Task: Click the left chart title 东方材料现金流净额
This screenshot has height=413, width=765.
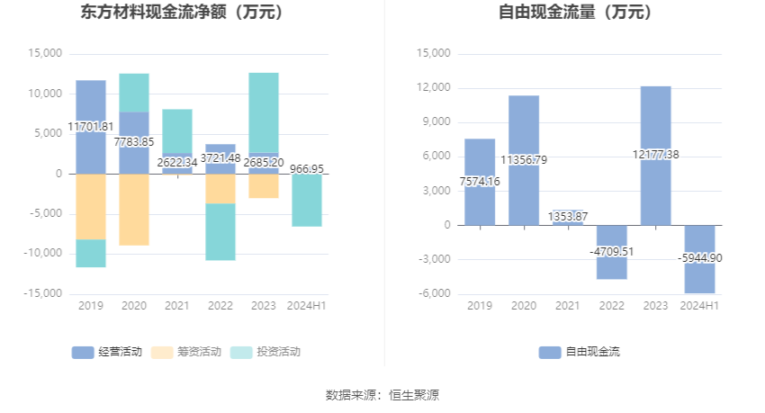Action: (x=181, y=13)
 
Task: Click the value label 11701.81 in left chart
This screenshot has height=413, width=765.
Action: (x=91, y=127)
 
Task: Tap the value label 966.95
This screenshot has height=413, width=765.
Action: (x=307, y=168)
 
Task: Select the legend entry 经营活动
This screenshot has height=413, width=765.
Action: (x=107, y=352)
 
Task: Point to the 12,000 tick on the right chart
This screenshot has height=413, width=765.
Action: (x=435, y=88)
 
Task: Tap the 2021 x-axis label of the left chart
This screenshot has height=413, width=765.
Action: (x=177, y=306)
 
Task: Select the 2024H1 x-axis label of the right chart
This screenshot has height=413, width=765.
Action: (x=699, y=306)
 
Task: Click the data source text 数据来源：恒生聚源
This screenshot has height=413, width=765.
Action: (x=382, y=395)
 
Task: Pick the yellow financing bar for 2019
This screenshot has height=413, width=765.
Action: (x=91, y=207)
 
